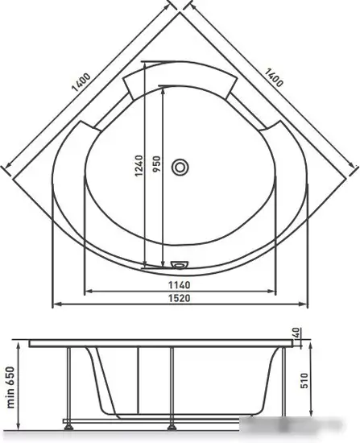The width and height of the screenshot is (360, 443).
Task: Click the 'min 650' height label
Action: tap(10, 387)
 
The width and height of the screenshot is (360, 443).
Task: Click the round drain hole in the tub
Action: tap(180, 167)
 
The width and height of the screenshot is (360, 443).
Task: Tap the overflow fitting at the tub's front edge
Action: tap(180, 264)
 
